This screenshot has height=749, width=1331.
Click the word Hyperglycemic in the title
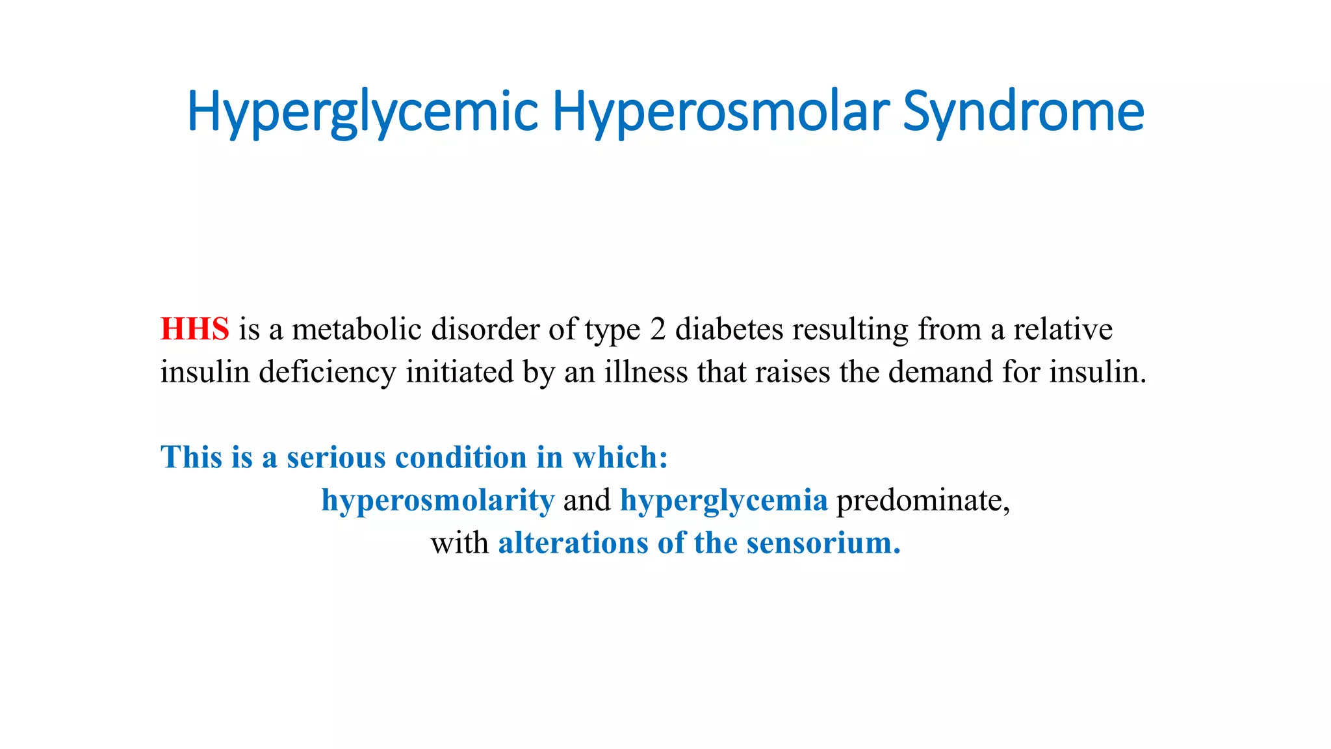(362, 112)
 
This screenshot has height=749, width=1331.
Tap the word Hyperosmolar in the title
(721, 112)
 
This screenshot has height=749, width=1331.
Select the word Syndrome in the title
(1023, 112)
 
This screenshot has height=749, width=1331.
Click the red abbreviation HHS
(194, 329)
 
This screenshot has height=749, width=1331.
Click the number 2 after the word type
(658, 329)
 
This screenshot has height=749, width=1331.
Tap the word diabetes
(729, 329)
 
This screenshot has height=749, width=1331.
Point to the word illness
(646, 372)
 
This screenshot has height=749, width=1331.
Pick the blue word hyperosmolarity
(438, 501)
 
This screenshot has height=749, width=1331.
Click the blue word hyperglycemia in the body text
(724, 501)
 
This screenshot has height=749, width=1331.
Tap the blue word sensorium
(823, 543)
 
